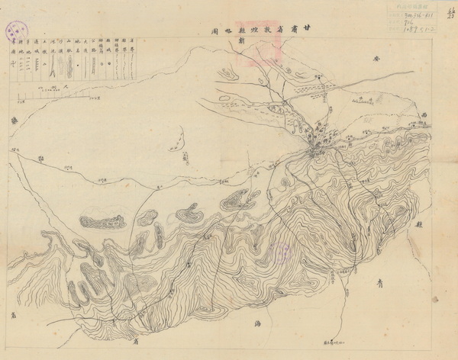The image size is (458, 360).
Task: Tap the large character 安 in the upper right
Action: [x=376, y=58]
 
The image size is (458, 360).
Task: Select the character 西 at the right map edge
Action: [x=422, y=116]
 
